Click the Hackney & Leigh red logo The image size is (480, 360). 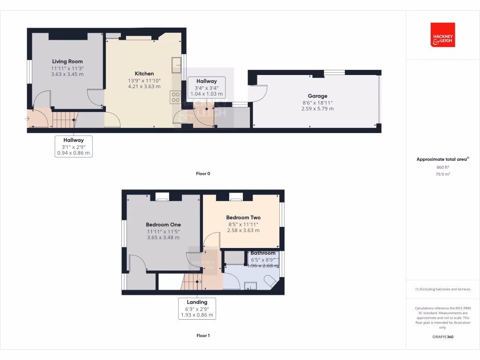442,35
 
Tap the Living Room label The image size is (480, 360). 67,61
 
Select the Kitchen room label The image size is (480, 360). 144,74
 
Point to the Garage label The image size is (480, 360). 317,96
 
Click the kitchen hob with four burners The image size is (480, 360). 175,97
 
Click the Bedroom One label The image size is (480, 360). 163,225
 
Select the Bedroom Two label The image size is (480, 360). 243,217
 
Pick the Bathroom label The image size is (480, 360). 262,253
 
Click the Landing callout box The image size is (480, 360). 197,308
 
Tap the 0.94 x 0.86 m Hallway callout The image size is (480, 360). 74,146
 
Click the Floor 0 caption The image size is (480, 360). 203,173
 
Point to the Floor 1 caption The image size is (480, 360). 203,336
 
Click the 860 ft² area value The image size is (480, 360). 442,167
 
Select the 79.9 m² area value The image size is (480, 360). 442,174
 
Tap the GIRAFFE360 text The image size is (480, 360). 442,337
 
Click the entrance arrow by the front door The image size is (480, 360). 27,119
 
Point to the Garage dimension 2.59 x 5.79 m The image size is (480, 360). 317,109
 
